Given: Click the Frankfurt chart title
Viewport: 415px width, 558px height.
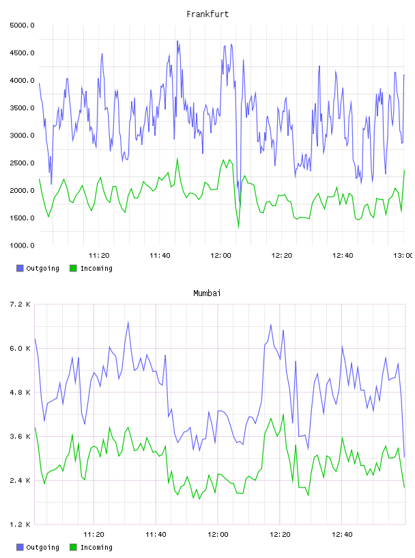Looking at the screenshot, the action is [x=207, y=14].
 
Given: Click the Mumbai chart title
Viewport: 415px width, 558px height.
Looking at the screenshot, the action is [x=207, y=293].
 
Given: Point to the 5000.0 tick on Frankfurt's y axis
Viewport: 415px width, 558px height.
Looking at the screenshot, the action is [x=22, y=25].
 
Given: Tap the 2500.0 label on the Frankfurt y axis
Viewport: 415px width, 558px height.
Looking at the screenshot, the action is [x=22, y=163].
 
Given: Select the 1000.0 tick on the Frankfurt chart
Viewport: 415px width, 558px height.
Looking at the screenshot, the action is [x=22, y=245].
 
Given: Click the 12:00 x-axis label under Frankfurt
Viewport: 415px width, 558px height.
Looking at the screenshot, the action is [x=220, y=256].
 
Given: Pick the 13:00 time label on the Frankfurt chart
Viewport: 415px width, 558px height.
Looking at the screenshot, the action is [x=403, y=256].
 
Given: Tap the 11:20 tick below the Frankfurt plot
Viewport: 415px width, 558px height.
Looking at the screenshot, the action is [x=99, y=256].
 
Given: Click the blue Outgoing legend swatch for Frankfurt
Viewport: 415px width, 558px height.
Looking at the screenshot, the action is [x=20, y=268].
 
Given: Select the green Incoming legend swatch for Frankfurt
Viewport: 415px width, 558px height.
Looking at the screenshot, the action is [x=73, y=268].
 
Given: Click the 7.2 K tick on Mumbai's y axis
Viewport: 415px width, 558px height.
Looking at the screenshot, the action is [x=20, y=304].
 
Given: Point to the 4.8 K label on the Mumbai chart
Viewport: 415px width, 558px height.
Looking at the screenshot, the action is [x=20, y=393].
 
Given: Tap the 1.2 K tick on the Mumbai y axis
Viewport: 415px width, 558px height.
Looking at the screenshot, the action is [x=20, y=524].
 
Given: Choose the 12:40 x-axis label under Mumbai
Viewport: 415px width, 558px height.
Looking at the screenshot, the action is [x=342, y=535].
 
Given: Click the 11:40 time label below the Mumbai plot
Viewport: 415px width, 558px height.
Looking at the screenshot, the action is [x=156, y=535].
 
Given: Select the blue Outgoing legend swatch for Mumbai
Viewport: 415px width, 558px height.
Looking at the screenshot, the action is [x=20, y=547].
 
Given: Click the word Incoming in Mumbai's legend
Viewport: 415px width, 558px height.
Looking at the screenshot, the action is [x=96, y=548].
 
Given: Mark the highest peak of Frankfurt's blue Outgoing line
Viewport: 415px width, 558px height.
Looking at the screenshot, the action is [x=177, y=40].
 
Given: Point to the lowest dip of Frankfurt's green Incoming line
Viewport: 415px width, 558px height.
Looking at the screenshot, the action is [x=238, y=227].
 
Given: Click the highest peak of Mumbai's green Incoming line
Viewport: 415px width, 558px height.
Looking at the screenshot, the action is [x=283, y=414].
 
